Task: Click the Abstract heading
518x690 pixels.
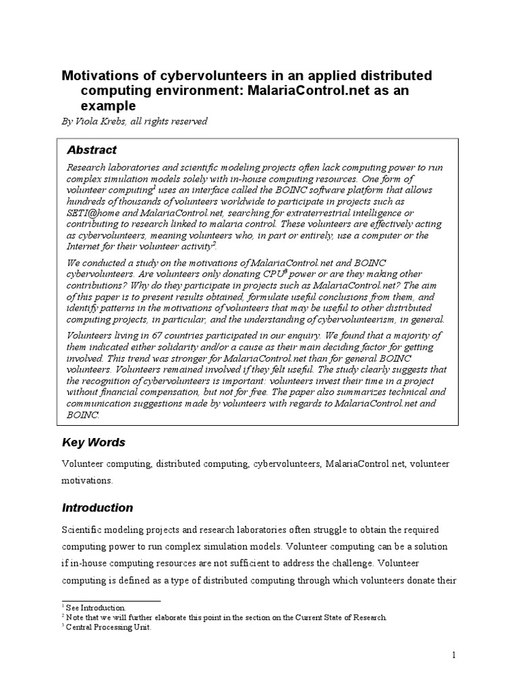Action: (92, 150)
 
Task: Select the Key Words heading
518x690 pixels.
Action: (94, 443)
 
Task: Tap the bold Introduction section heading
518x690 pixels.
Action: (98, 507)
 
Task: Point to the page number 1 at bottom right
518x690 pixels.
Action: (454, 654)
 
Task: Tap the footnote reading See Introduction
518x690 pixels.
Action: (100, 607)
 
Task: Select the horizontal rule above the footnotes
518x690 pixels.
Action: (111, 600)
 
